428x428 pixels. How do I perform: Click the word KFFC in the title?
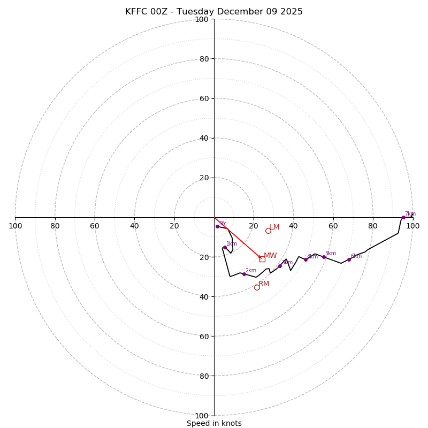point(135,12)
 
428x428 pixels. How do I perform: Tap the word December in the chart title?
point(245,12)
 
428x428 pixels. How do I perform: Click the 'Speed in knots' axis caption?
point(214,423)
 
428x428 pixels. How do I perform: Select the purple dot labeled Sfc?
point(217,226)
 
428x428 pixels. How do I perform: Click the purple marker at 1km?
point(225,247)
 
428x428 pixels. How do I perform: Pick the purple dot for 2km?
point(244,274)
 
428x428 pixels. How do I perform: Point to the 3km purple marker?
point(280,266)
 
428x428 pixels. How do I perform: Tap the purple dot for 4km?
point(305,259)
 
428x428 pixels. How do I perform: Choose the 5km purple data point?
point(324,257)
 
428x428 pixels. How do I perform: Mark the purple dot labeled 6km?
point(349,259)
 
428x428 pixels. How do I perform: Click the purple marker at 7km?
point(403,217)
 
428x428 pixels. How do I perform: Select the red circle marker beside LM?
point(268,231)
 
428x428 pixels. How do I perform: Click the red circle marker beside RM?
point(257,287)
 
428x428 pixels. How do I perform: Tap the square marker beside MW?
point(262,259)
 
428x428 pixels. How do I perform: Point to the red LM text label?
point(274,227)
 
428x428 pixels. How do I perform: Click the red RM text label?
point(264,284)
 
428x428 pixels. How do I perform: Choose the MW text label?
point(270,256)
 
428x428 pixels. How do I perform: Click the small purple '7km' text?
point(410,214)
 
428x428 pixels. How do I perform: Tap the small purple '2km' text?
point(251,271)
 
